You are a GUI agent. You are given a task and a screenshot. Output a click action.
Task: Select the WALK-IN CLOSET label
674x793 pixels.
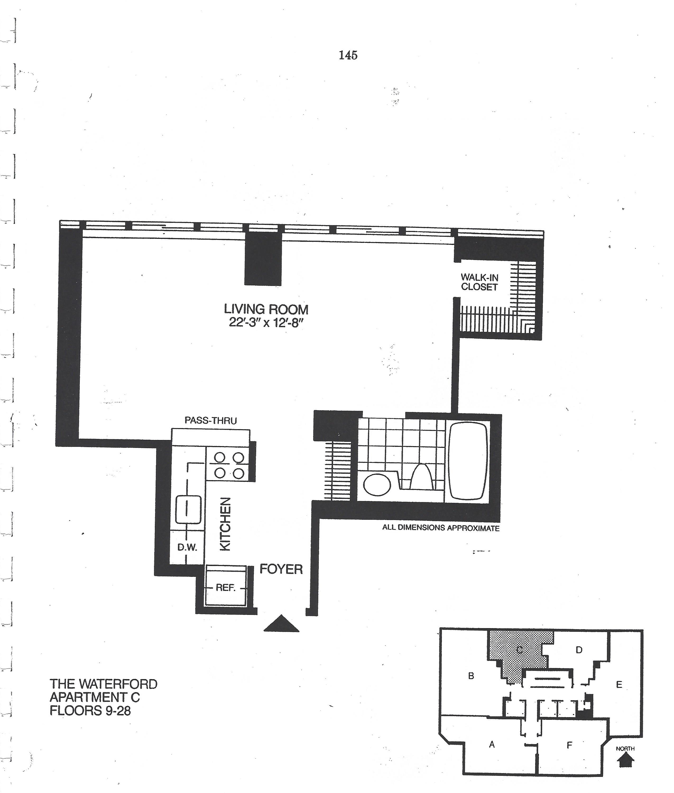pos(479,282)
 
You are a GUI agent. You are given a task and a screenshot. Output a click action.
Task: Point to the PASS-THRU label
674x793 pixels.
pos(211,421)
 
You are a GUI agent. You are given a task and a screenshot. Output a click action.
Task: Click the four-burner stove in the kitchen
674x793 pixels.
pos(229,465)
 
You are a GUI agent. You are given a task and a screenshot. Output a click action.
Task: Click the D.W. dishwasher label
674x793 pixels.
pos(187,547)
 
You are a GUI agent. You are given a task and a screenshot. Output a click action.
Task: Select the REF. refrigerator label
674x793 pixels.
pos(225,588)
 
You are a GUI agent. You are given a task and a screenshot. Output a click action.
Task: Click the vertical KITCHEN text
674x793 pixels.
pos(225,524)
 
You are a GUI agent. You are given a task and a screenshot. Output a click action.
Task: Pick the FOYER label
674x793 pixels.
pos(281,569)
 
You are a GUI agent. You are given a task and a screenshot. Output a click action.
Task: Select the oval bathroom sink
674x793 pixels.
pos(377,484)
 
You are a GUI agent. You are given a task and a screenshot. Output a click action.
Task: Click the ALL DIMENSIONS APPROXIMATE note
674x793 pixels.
pos(441,528)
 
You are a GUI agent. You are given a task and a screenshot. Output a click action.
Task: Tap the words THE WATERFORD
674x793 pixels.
pos(104,684)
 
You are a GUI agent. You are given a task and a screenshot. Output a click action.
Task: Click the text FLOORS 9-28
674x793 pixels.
pos(90,711)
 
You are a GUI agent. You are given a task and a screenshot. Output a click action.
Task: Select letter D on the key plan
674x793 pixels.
pos(579,650)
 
